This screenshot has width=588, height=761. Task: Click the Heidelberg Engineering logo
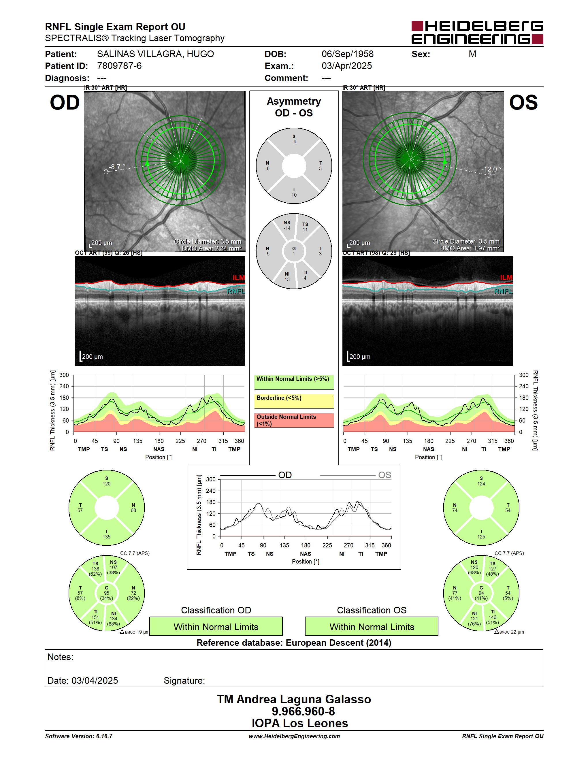[x=477, y=32]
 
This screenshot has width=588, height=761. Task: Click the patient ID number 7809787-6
[x=119, y=66]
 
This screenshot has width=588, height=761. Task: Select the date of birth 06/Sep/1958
[x=347, y=54]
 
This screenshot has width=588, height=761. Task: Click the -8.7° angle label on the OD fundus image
[x=117, y=167]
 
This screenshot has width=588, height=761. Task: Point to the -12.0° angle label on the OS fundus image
[x=491, y=169]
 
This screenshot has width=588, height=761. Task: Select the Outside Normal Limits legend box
[x=294, y=420]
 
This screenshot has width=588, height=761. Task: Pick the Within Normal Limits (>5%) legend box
[x=294, y=382]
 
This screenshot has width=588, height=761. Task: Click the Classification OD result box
[x=216, y=626]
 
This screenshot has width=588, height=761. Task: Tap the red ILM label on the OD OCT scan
[x=239, y=278]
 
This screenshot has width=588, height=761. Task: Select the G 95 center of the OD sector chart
[x=107, y=593]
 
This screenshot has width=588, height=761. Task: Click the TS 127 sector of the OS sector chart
[x=492, y=569]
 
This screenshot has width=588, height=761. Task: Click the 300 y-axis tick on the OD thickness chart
[x=64, y=375]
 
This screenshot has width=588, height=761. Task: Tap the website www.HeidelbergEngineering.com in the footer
[x=294, y=736]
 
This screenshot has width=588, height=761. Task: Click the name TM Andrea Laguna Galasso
[x=294, y=699]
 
